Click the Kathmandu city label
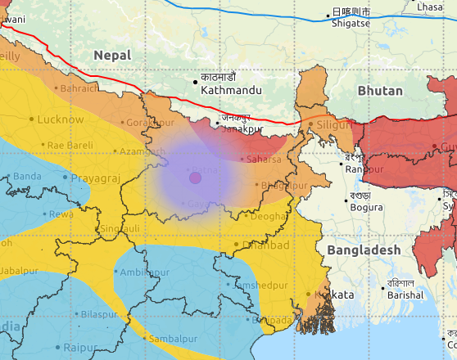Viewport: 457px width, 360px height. pos(231,90)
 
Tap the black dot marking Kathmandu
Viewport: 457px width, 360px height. pos(196,81)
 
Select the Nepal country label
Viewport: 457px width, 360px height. pos(111,54)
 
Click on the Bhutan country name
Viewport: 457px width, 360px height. pos(379,90)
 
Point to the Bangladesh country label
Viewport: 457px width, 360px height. pos(364,250)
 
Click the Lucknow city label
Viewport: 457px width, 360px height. pos(61,119)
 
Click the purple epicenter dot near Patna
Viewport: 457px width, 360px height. pos(195,178)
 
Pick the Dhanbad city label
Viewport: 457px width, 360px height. pos(266,245)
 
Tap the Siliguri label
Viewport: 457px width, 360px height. pos(334,124)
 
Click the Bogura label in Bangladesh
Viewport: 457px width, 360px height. pos(365,207)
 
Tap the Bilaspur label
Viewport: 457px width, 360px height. pos(99,314)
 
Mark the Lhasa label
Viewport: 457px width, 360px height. pos(429,7)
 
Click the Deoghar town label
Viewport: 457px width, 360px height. pos(267,217)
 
